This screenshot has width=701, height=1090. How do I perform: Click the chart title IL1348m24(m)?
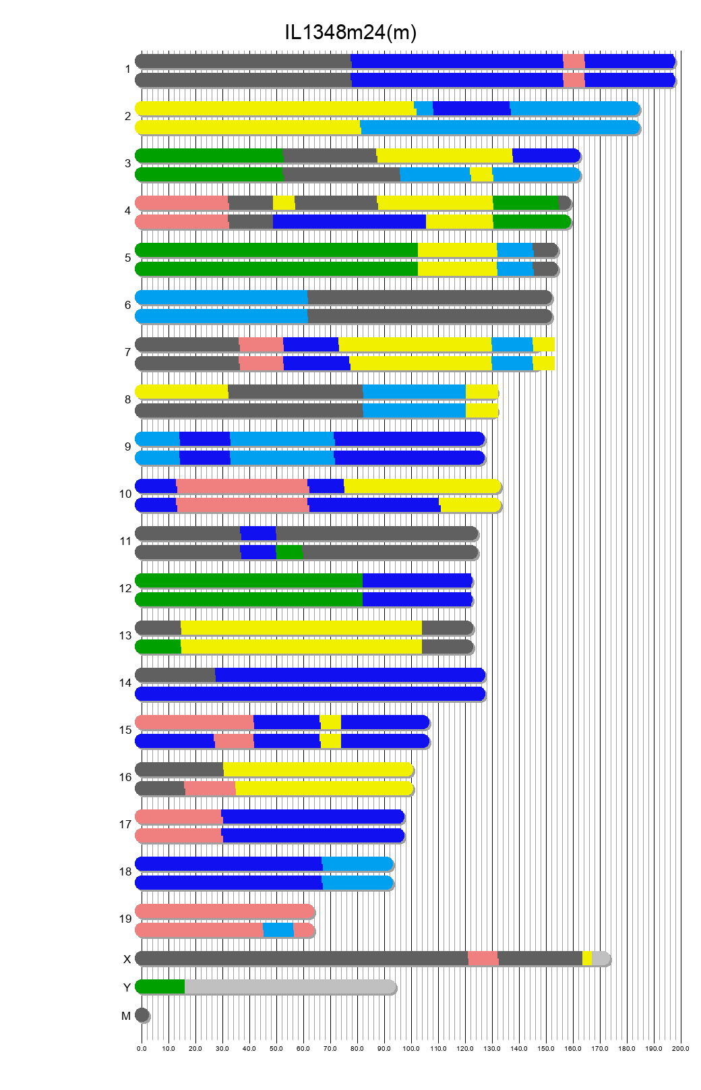click(x=350, y=32)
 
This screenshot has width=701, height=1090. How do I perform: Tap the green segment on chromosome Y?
click(x=160, y=986)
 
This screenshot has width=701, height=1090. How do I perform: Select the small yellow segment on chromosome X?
click(x=586, y=958)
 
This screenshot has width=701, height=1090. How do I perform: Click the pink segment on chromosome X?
click(x=483, y=958)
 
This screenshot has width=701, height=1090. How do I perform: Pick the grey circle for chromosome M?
click(x=142, y=1014)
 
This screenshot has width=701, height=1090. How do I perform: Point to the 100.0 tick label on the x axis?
click(x=411, y=1048)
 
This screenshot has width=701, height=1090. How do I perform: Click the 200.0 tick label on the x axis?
click(x=680, y=1048)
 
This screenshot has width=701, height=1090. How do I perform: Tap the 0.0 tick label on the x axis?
click(x=142, y=1048)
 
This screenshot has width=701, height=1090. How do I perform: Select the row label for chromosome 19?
click(x=125, y=919)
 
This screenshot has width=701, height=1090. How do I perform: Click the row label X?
click(x=127, y=959)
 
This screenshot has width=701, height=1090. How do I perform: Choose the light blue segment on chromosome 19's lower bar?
click(x=278, y=930)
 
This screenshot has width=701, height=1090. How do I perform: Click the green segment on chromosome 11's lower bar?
click(x=289, y=552)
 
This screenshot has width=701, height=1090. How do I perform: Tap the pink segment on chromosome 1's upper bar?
click(x=574, y=61)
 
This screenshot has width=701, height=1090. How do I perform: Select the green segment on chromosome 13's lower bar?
click(x=159, y=647)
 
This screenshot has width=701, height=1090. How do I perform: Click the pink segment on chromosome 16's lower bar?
click(x=210, y=788)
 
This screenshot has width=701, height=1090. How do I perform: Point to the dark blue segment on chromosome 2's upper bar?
click(x=471, y=108)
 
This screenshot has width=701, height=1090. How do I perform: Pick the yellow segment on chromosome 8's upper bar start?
click(x=182, y=391)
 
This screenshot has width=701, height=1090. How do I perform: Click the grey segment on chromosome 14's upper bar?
click(x=176, y=675)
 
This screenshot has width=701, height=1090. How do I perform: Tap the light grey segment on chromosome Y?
click(x=290, y=986)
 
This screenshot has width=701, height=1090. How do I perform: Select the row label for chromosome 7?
click(x=127, y=352)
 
